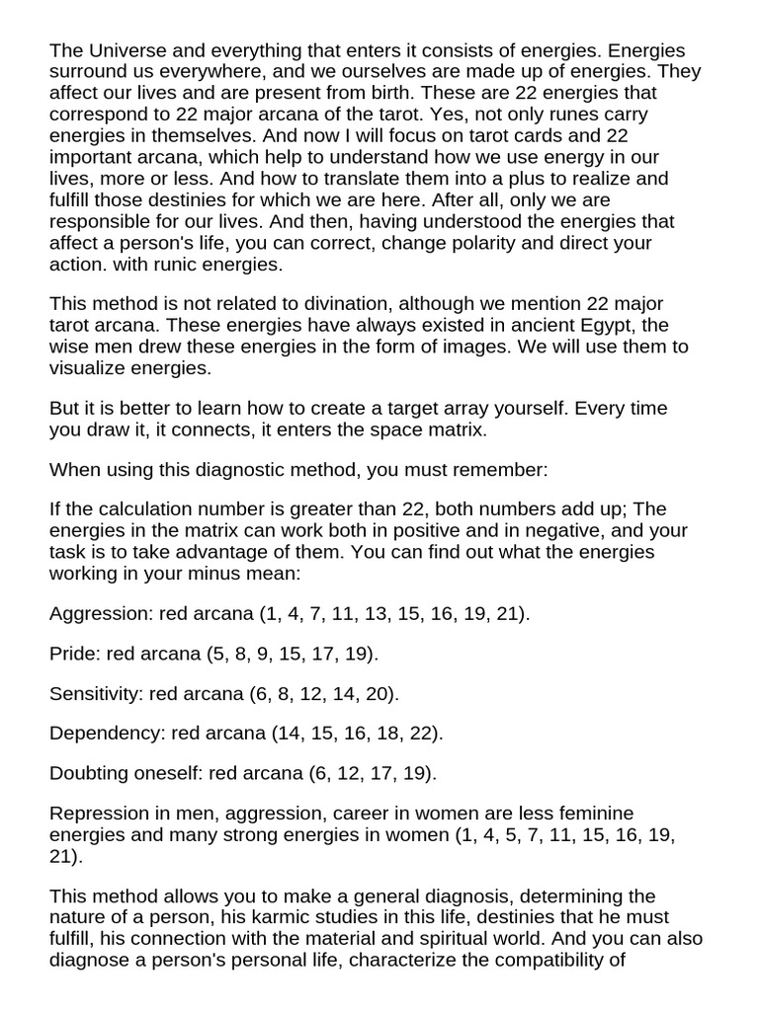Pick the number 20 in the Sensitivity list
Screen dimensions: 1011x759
tap(378, 693)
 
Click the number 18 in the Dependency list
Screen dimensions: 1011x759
tap(384, 733)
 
